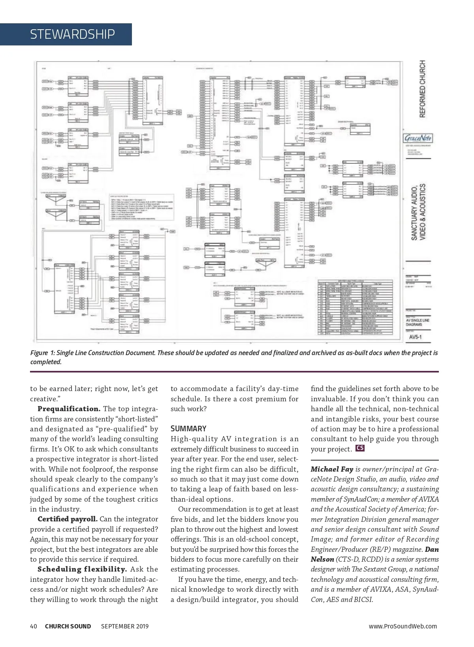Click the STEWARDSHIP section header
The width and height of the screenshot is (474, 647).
click(x=72, y=34)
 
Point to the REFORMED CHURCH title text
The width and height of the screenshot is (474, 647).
click(x=422, y=89)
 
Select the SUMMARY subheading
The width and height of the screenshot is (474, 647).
click(x=188, y=429)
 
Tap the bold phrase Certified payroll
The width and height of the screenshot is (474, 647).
click(x=68, y=519)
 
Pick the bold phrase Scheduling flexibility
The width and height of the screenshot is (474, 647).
click(x=82, y=569)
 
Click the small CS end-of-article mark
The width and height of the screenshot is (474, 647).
click(x=360, y=448)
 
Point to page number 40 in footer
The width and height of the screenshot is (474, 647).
click(x=34, y=626)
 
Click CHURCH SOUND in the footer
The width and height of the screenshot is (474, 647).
click(x=68, y=626)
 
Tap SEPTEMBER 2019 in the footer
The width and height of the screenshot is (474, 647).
click(x=125, y=626)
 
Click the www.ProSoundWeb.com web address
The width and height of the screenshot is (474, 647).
click(x=403, y=626)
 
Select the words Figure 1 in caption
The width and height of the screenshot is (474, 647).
click(x=42, y=353)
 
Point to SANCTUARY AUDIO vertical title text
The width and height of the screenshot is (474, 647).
click(x=414, y=212)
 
